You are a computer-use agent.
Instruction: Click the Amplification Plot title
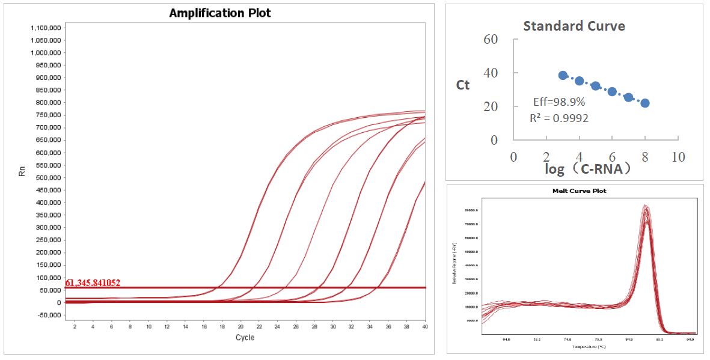[x=220, y=13]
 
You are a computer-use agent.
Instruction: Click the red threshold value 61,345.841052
[x=93, y=282]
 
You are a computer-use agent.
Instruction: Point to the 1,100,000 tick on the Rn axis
[x=45, y=28]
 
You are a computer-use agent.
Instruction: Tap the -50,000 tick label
[x=47, y=315]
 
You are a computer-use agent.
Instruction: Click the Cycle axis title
[x=245, y=337]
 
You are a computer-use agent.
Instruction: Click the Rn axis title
[x=22, y=171]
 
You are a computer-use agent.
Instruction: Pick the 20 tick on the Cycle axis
[x=240, y=326]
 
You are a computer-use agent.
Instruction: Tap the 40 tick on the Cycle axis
[x=425, y=326]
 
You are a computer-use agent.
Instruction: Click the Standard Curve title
[x=574, y=26]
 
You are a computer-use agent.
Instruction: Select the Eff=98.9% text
[x=559, y=102]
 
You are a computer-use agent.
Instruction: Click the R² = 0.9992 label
[x=559, y=118]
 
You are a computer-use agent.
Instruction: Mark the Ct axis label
[x=463, y=85]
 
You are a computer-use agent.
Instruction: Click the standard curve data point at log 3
[x=563, y=76]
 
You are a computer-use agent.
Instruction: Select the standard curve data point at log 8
[x=645, y=103]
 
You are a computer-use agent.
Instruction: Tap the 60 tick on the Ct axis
[x=491, y=39]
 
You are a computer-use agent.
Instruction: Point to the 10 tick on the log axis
[x=678, y=157]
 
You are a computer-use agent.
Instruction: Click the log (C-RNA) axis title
[x=588, y=169]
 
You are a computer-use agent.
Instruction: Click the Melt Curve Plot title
[x=580, y=191]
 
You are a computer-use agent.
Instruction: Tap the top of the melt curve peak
[x=645, y=206]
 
